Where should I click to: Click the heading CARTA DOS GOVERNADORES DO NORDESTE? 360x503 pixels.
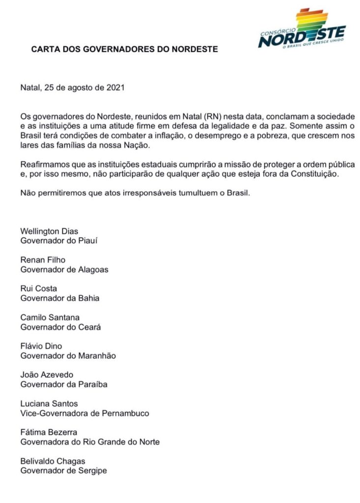(x=124, y=50)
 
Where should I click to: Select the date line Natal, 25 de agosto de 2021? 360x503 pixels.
(x=73, y=88)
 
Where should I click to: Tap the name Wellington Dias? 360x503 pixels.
(x=49, y=231)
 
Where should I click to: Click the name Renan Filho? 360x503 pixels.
(x=43, y=260)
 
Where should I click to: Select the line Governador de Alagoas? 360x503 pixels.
(x=64, y=269)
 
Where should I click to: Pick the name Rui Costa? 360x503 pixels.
(x=39, y=288)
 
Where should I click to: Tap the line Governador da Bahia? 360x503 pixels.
(x=60, y=298)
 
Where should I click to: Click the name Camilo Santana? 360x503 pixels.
(x=50, y=317)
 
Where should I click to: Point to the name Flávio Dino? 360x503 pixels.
(x=41, y=346)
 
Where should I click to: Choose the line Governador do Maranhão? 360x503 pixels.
(x=68, y=355)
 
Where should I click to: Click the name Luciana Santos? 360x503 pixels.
(x=49, y=403)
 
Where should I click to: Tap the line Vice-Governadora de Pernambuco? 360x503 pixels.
(x=84, y=413)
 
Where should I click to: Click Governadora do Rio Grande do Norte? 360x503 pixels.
(x=90, y=442)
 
